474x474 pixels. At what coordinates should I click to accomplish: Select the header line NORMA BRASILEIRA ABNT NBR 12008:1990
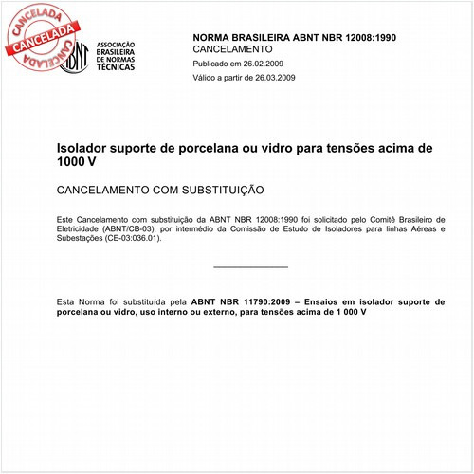(281, 35)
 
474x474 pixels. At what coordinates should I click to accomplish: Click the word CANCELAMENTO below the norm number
(232, 48)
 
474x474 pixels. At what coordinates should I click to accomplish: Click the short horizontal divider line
(250, 267)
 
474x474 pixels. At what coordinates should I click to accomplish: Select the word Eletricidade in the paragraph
(81, 228)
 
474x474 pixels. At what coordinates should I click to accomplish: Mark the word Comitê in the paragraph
(386, 219)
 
